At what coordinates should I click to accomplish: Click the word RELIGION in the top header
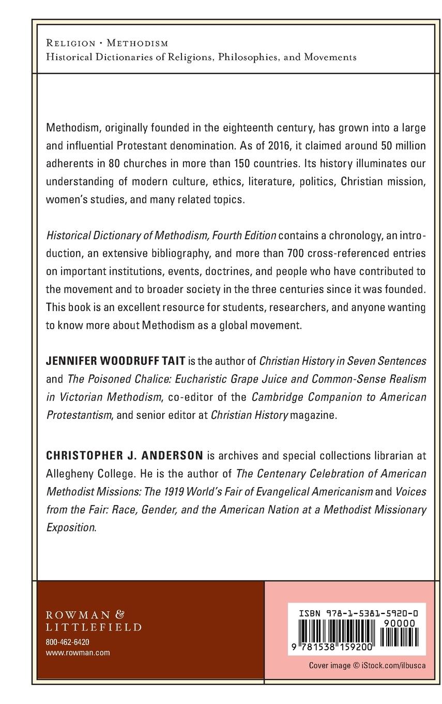pos(70,43)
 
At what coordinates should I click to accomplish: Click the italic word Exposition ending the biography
pos(71,527)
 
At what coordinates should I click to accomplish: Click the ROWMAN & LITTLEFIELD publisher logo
pos(94,621)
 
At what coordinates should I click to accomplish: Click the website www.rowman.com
pos(78,653)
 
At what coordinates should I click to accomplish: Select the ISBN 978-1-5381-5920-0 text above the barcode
pos(358,613)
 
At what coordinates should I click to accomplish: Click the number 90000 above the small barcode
pos(401,624)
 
